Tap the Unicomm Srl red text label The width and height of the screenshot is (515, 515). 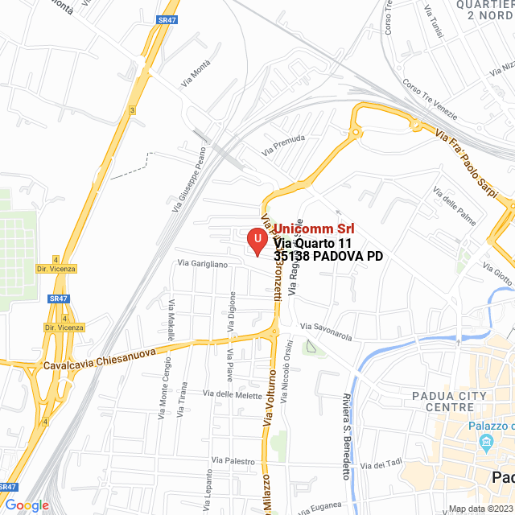tap(314, 229)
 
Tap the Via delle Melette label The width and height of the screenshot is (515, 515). tap(233, 393)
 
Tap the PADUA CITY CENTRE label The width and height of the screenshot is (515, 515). tap(449, 401)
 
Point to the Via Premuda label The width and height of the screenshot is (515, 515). tap(283, 146)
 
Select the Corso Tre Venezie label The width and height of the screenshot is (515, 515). tap(431, 98)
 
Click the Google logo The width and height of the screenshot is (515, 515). tap(26, 505)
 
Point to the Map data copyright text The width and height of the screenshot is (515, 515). tap(480, 509)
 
